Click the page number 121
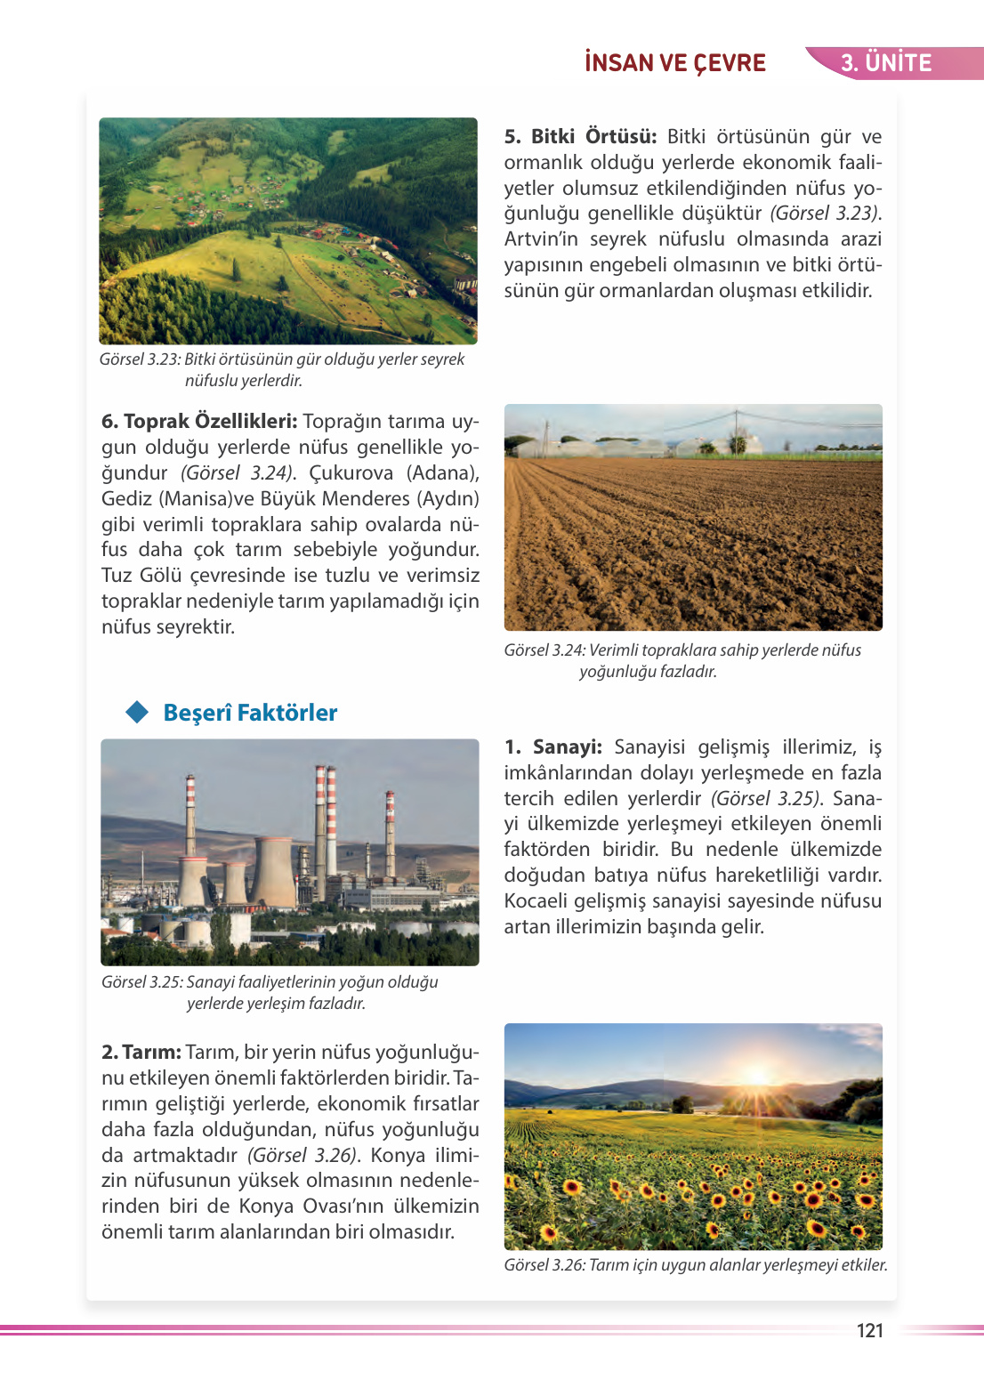pyautogui.click(x=869, y=1330)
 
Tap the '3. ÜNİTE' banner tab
pyautogui.click(x=885, y=63)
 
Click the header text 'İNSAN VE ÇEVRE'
pyautogui.click(x=675, y=63)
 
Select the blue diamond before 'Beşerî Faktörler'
pyautogui.click(x=137, y=713)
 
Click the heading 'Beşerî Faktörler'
pyautogui.click(x=250, y=713)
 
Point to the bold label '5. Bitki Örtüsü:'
pyautogui.click(x=580, y=137)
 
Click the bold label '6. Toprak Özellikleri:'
pyautogui.click(x=199, y=422)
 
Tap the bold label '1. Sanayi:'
pyautogui.click(x=553, y=747)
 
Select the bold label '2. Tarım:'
pyautogui.click(x=141, y=1053)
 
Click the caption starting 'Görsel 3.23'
pyautogui.click(x=281, y=369)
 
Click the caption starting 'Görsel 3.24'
pyautogui.click(x=682, y=660)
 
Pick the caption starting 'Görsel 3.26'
pyautogui.click(x=695, y=1265)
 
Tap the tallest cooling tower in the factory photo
pyautogui.click(x=274, y=872)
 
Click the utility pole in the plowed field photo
pyautogui.click(x=736, y=431)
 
